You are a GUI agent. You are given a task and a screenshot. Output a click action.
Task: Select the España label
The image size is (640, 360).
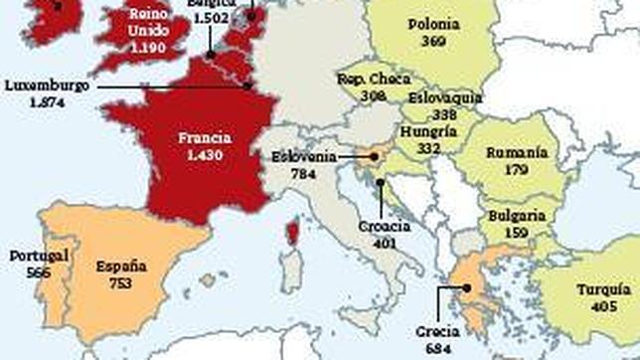coord(121,267)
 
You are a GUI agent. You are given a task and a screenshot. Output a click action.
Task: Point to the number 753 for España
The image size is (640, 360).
coord(121,282)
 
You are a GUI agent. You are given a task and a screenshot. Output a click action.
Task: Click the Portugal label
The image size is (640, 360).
coord(39,256)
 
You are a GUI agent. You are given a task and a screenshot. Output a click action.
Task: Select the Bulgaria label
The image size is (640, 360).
coord(517,215)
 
